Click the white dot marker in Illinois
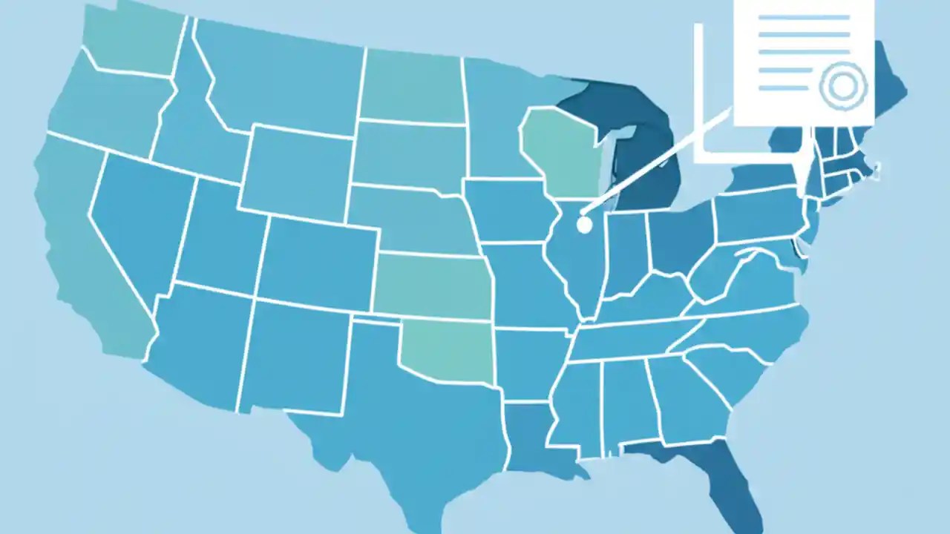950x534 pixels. pyautogui.click(x=584, y=222)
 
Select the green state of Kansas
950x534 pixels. pyautogui.click(x=434, y=286)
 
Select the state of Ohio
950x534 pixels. pyautogui.click(x=679, y=237)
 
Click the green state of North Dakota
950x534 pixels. pyautogui.click(x=412, y=85)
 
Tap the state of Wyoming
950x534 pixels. pyautogui.click(x=297, y=171)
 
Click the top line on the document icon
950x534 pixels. pyautogui.click(x=805, y=16)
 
